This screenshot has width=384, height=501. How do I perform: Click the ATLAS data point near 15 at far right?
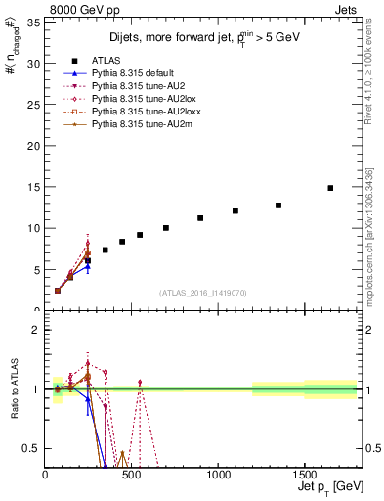click(330, 188)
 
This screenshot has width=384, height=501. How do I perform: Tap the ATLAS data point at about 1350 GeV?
click(278, 205)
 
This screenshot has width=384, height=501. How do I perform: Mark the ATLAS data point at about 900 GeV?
click(200, 218)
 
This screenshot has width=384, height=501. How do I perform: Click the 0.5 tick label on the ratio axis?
click(30, 449)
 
